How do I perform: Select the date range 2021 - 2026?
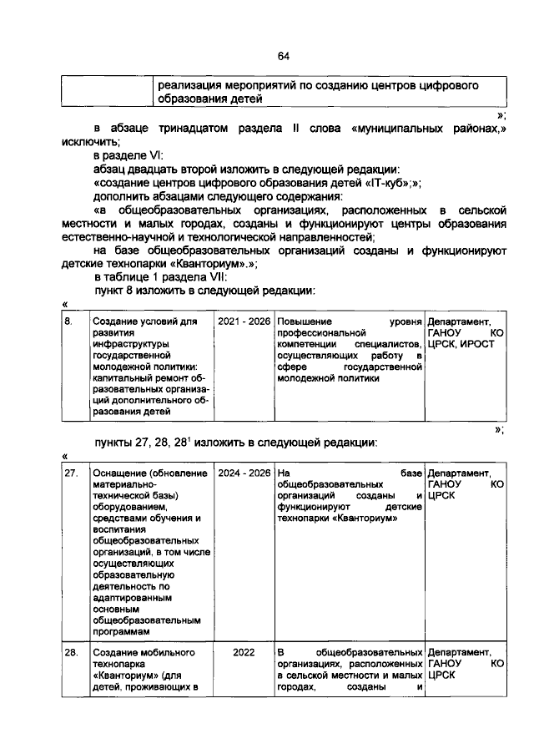pos(244,321)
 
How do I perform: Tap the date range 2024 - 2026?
pos(244,473)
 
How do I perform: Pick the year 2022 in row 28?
pos(244,652)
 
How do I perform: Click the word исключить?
pos(88,142)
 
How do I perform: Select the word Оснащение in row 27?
pos(122,473)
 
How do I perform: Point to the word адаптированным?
pos(133,599)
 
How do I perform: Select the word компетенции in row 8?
pos(308,344)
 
